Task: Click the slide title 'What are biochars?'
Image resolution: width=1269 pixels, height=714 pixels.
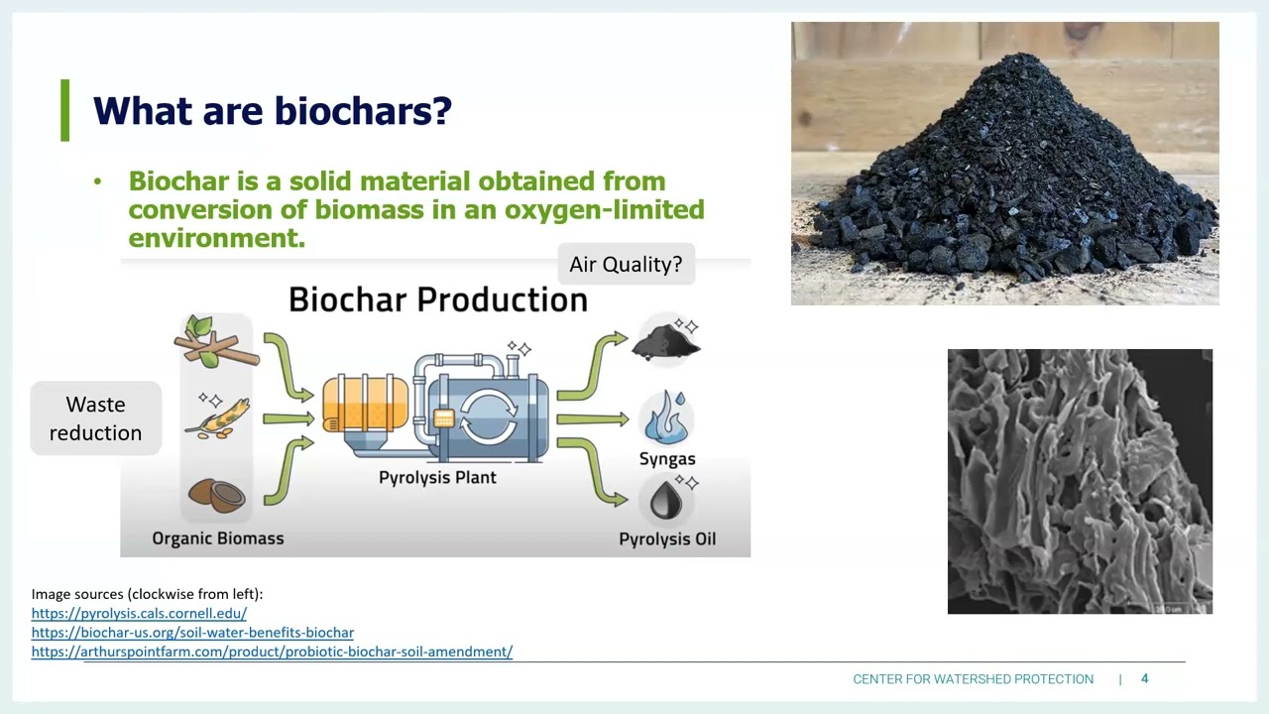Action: [x=272, y=110]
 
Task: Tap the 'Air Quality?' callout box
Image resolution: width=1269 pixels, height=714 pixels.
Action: [x=626, y=265]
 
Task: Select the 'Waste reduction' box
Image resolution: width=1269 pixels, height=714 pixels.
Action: [x=95, y=418]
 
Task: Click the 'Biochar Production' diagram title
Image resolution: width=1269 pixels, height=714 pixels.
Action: [x=437, y=299]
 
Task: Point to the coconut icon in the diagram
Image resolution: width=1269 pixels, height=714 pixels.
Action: [x=216, y=494]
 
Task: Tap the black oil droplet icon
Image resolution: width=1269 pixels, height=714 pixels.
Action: [x=667, y=499]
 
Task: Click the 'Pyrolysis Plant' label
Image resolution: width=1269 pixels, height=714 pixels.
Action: [x=437, y=477]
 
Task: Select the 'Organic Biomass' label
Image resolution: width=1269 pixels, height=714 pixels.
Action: [x=217, y=538]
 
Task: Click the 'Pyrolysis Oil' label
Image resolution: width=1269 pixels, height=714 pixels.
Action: [x=666, y=539]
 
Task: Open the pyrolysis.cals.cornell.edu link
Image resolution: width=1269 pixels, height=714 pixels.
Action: [x=139, y=613]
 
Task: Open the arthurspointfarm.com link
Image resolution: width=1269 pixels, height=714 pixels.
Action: [x=272, y=652]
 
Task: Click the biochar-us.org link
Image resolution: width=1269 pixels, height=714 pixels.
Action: [x=192, y=632]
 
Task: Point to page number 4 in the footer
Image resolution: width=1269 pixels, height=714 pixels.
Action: [x=1144, y=678]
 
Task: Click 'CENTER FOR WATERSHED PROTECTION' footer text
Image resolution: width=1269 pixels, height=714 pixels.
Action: [x=973, y=679]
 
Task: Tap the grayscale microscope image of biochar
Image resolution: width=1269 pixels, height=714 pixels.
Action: [x=1080, y=481]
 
